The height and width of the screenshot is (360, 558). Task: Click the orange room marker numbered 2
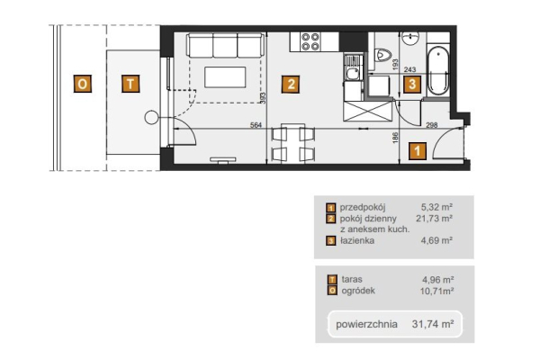pos(291,85)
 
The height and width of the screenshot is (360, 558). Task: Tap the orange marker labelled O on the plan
pos(83,84)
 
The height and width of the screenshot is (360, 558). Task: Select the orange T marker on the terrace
pos(130,84)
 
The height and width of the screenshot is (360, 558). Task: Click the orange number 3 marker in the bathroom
pos(412,85)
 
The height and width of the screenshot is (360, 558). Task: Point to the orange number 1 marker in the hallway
pos(417,150)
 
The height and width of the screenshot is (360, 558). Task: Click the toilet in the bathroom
pos(382,54)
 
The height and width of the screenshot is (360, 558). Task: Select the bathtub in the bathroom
pos(437,71)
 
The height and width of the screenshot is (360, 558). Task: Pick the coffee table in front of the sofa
pos(225,77)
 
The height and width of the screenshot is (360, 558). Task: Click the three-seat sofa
pos(226,46)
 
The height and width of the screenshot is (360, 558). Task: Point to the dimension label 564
pos(256,125)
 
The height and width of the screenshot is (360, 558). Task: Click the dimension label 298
pos(432,125)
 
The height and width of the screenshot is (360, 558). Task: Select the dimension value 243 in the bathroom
pos(410,70)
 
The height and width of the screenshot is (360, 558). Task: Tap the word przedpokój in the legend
pos(363,207)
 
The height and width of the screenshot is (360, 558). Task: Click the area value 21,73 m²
pos(434,218)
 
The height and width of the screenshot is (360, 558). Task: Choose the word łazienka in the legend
pos(357,240)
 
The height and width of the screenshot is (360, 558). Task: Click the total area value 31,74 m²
pos(433,324)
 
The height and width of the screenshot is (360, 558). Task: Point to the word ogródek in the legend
pos(358,291)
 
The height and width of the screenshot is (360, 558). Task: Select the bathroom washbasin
pos(411,37)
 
